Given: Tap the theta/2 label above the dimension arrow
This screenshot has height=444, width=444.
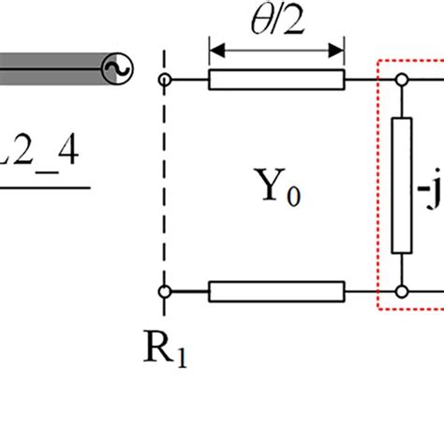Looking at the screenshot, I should coord(277,21).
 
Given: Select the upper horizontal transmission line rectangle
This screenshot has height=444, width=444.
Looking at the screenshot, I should coord(276,81).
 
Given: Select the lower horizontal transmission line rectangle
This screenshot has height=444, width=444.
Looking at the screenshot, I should coord(276,291).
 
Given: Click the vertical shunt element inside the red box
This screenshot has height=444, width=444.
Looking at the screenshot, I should coord(401,185).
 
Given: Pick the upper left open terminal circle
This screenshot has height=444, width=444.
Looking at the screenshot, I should coord(165,81).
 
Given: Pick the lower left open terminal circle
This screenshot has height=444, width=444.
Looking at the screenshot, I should coord(165,291).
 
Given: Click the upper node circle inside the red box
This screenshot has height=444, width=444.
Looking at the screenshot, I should coord(401,81).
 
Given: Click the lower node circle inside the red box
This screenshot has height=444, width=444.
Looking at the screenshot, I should coord(401,291).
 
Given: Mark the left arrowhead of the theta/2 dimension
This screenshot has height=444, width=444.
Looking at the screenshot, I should coord(214,46).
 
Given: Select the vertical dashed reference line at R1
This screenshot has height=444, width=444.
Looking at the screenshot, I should coord(165,187).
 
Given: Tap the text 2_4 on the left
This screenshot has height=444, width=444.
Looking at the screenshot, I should coord(42,154).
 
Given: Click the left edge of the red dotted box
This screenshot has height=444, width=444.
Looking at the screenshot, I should coord(377,187).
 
